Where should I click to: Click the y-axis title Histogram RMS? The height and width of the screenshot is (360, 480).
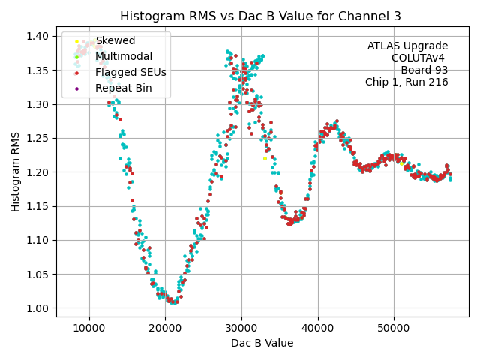(x=16, y=172)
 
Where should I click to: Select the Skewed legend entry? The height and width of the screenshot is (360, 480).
(x=109, y=40)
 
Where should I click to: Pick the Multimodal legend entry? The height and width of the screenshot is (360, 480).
(x=123, y=56)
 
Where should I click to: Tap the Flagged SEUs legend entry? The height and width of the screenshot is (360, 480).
(x=130, y=73)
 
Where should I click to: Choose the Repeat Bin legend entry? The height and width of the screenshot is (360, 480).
(x=123, y=88)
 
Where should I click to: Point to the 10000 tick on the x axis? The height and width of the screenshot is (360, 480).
(x=89, y=328)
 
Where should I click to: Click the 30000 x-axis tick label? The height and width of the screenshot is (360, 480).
(x=241, y=328)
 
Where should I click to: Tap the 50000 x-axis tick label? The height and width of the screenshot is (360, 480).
(x=394, y=328)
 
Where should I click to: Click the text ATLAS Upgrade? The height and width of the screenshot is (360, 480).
(x=407, y=46)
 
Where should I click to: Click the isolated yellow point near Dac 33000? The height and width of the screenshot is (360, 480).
(x=265, y=158)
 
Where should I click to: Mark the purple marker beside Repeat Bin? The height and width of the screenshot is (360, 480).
(x=76, y=88)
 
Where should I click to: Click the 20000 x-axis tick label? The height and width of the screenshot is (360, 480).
(x=166, y=328)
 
